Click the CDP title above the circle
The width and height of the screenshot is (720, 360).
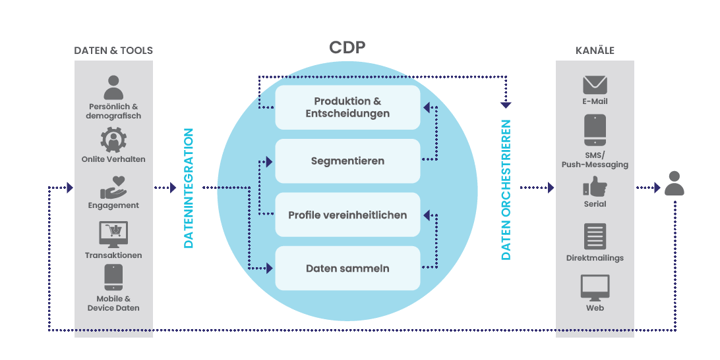coord(347,47)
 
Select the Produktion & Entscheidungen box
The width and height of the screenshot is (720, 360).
coord(347,107)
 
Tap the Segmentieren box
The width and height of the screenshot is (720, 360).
coord(347,160)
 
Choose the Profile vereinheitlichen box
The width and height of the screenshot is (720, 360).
coord(347,214)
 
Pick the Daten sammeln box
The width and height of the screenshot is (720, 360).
coord(347,268)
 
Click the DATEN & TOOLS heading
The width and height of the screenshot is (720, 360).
coord(114,50)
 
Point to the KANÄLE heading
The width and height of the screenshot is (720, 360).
coord(595,50)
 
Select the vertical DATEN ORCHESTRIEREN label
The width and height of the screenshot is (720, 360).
coord(506,189)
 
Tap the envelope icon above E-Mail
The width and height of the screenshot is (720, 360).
coord(596,84)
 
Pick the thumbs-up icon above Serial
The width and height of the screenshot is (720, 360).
coord(596,187)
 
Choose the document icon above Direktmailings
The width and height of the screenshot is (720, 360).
coord(596,236)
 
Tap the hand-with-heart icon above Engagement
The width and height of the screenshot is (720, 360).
coord(112,187)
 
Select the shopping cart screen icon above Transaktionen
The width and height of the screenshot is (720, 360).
coord(112,235)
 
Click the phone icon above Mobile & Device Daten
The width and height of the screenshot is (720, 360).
coord(112,279)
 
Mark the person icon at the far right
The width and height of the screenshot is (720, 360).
coord(675,184)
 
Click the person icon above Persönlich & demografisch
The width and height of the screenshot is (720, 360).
coord(112,87)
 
